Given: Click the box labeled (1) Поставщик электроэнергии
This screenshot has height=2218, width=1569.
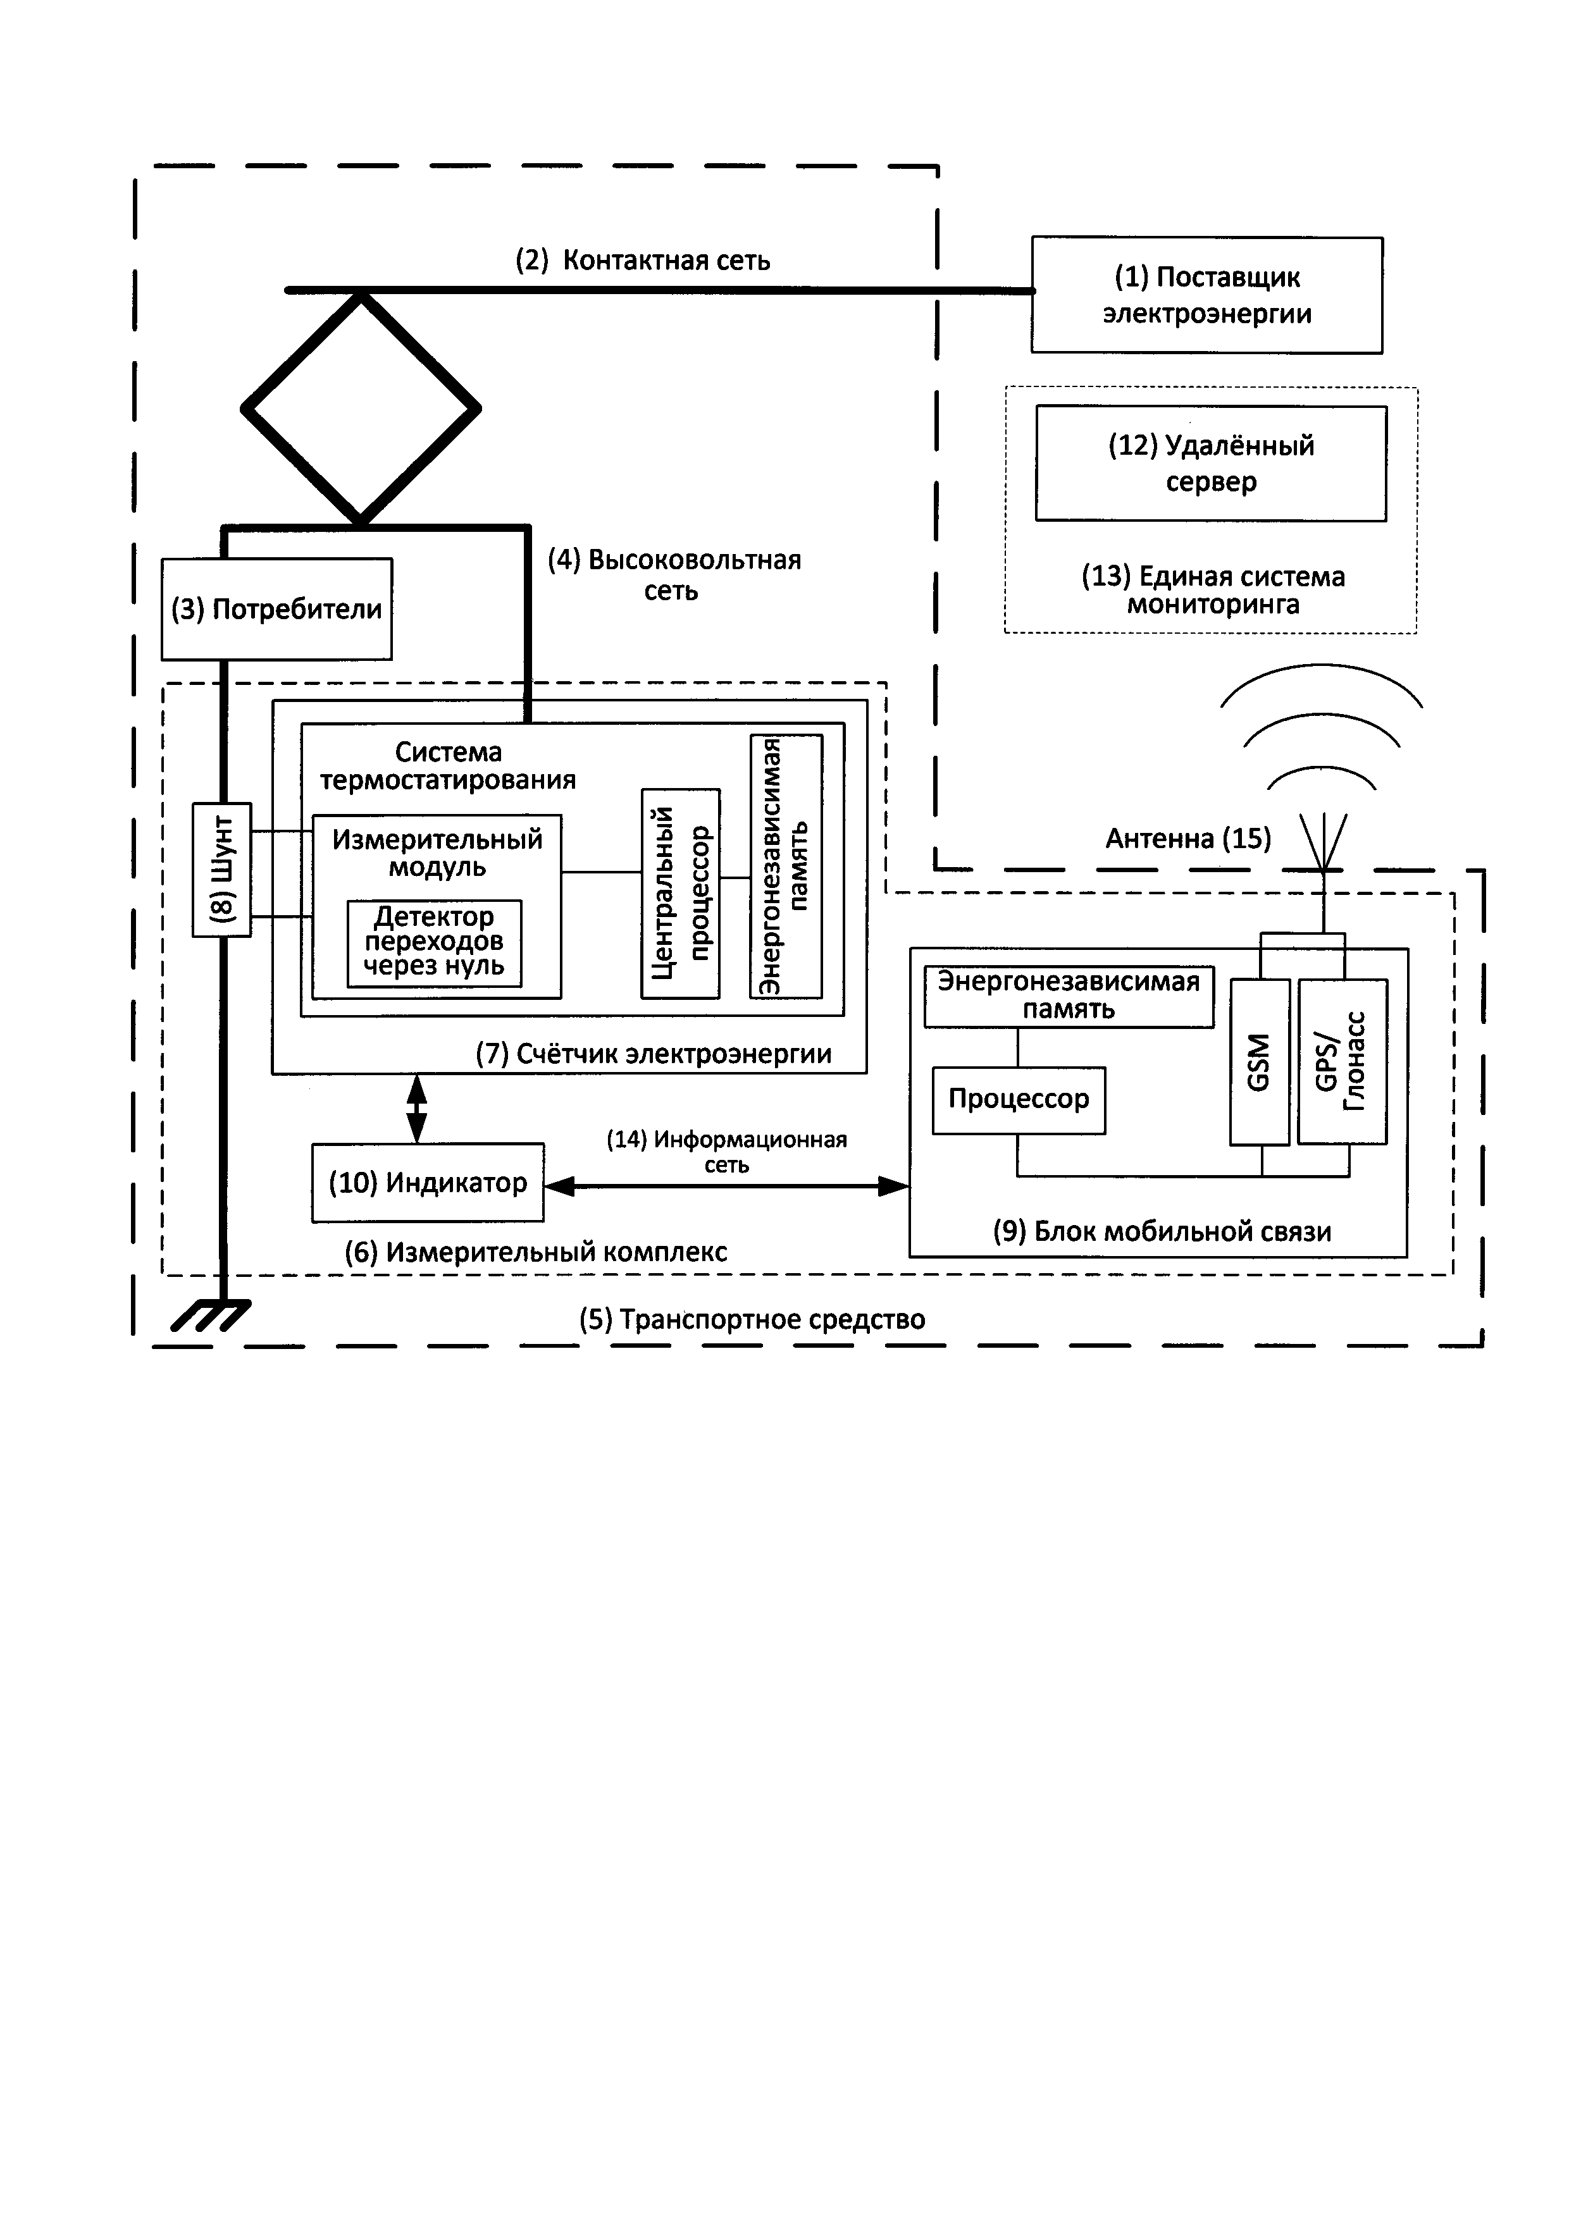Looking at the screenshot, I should (x=1206, y=295).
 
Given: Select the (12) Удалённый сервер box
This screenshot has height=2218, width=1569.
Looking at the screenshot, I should (x=1210, y=464).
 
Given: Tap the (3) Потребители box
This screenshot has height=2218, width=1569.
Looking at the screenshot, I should (x=276, y=610).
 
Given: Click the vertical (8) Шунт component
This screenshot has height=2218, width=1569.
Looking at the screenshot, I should (x=222, y=870).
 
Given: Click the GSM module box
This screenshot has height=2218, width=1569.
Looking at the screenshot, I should (x=1259, y=1062).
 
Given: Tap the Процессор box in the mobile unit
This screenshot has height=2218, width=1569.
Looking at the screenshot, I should (x=1019, y=1099).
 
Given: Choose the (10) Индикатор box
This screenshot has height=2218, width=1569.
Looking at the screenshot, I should (x=427, y=1183).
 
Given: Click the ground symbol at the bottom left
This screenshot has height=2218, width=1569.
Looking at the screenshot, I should (x=211, y=1315).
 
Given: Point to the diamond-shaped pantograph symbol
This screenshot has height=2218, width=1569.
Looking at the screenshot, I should (x=361, y=409).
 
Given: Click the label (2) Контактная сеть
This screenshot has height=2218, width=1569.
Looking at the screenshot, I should (x=643, y=261).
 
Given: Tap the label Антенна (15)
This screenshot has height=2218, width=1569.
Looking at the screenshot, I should (x=1188, y=839).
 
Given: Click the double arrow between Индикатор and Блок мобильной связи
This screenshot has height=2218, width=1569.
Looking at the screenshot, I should (x=726, y=1186).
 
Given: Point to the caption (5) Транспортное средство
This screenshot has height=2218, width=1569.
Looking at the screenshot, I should (x=752, y=1319).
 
